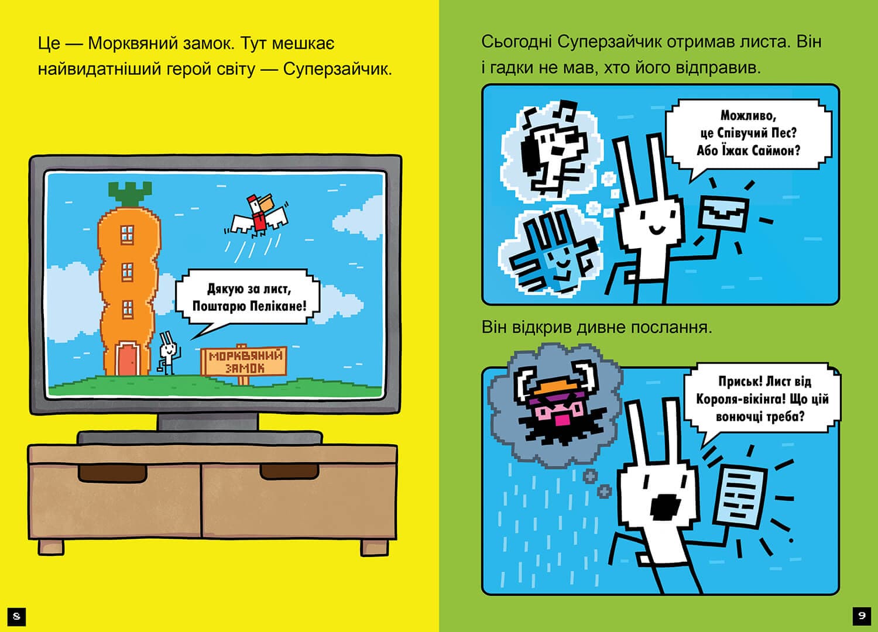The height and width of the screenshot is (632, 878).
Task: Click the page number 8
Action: point(16,616)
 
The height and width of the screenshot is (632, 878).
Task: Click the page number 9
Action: point(861,616)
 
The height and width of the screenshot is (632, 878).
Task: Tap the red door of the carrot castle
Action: point(128,359)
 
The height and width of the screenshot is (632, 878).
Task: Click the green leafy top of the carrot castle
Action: point(131,193)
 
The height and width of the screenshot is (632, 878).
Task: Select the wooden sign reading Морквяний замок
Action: point(243,362)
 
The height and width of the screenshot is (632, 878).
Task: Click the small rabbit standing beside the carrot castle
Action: point(168,353)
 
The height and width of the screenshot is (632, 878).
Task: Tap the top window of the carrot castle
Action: point(127,234)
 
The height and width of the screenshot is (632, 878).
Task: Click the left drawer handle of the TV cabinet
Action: point(112,473)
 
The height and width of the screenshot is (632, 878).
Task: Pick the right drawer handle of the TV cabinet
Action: point(289,471)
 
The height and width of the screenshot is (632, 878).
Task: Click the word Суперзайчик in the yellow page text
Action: point(338,70)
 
